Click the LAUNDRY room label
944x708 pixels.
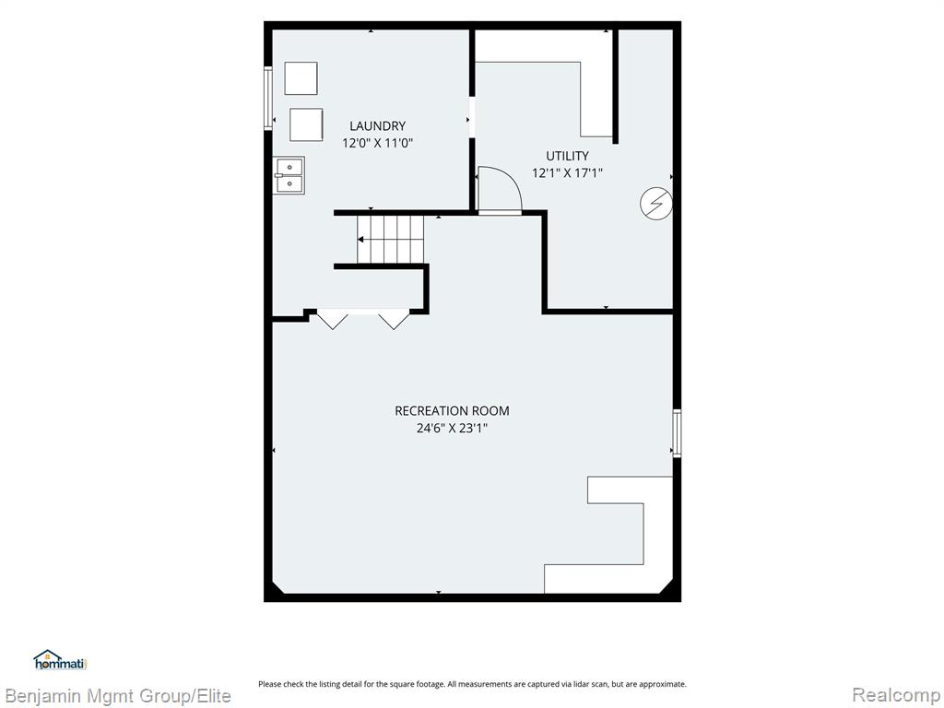(377, 125)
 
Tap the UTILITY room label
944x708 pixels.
(567, 156)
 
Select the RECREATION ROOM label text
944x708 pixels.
(452, 410)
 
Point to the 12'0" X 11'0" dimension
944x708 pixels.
(377, 143)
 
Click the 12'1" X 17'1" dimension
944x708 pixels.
(567, 173)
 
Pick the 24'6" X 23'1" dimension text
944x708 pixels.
(452, 428)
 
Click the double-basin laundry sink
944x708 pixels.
(289, 175)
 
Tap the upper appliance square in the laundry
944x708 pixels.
(301, 78)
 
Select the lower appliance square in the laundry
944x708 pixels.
(306, 124)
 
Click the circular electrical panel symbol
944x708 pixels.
(656, 204)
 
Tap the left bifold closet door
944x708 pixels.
(332, 319)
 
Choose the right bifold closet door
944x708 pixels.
(394, 319)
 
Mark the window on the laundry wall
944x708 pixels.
(268, 98)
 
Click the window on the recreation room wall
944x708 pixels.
(677, 433)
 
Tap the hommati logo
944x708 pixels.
(60, 660)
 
